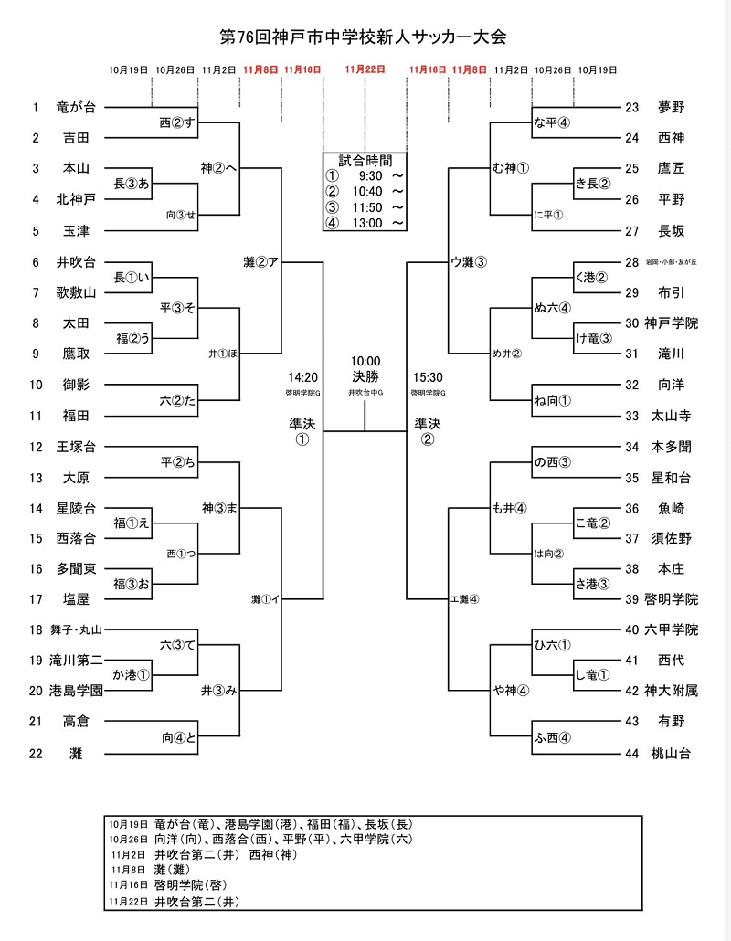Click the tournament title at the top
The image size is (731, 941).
tap(364, 37)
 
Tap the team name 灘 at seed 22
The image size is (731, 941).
tap(76, 753)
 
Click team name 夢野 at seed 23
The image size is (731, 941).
tap(671, 108)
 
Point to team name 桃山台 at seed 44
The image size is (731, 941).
tap(671, 753)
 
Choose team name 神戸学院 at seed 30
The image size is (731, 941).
tap(673, 323)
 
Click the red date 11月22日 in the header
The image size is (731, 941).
tap(365, 69)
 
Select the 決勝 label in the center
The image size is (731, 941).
tap(365, 375)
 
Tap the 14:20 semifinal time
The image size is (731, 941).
tap(302, 375)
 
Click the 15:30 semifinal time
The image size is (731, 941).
tap(428, 375)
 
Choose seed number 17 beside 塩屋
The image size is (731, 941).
tap(37, 599)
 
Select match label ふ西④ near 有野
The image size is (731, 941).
tap(553, 738)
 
